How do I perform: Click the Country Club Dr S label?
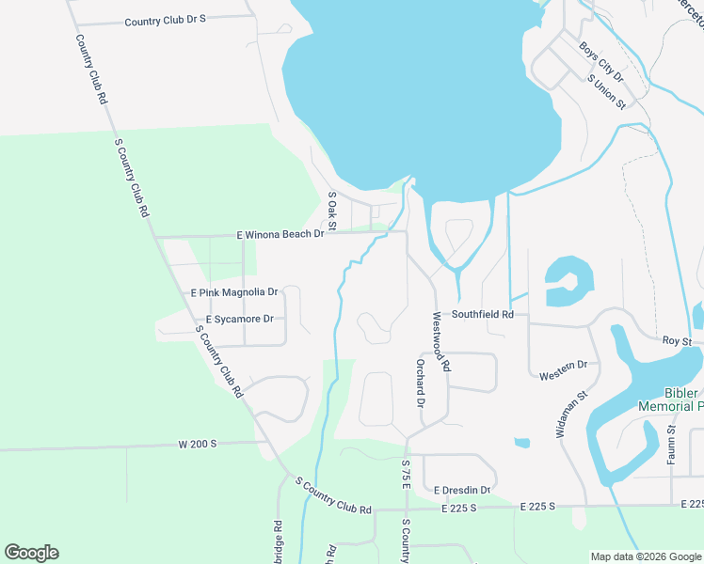pyautogui.click(x=165, y=19)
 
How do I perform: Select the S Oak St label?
pyautogui.click(x=332, y=209)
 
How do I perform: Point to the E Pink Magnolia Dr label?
pyautogui.click(x=234, y=293)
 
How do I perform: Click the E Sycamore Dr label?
pyautogui.click(x=239, y=320)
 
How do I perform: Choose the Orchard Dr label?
pyautogui.click(x=421, y=383)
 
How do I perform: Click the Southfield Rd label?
pyautogui.click(x=482, y=314)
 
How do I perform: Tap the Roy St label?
pyautogui.click(x=677, y=340)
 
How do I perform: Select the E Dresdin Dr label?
pyautogui.click(x=463, y=490)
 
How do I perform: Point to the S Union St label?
pyautogui.click(x=606, y=91)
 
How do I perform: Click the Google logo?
pyautogui.click(x=31, y=553)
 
